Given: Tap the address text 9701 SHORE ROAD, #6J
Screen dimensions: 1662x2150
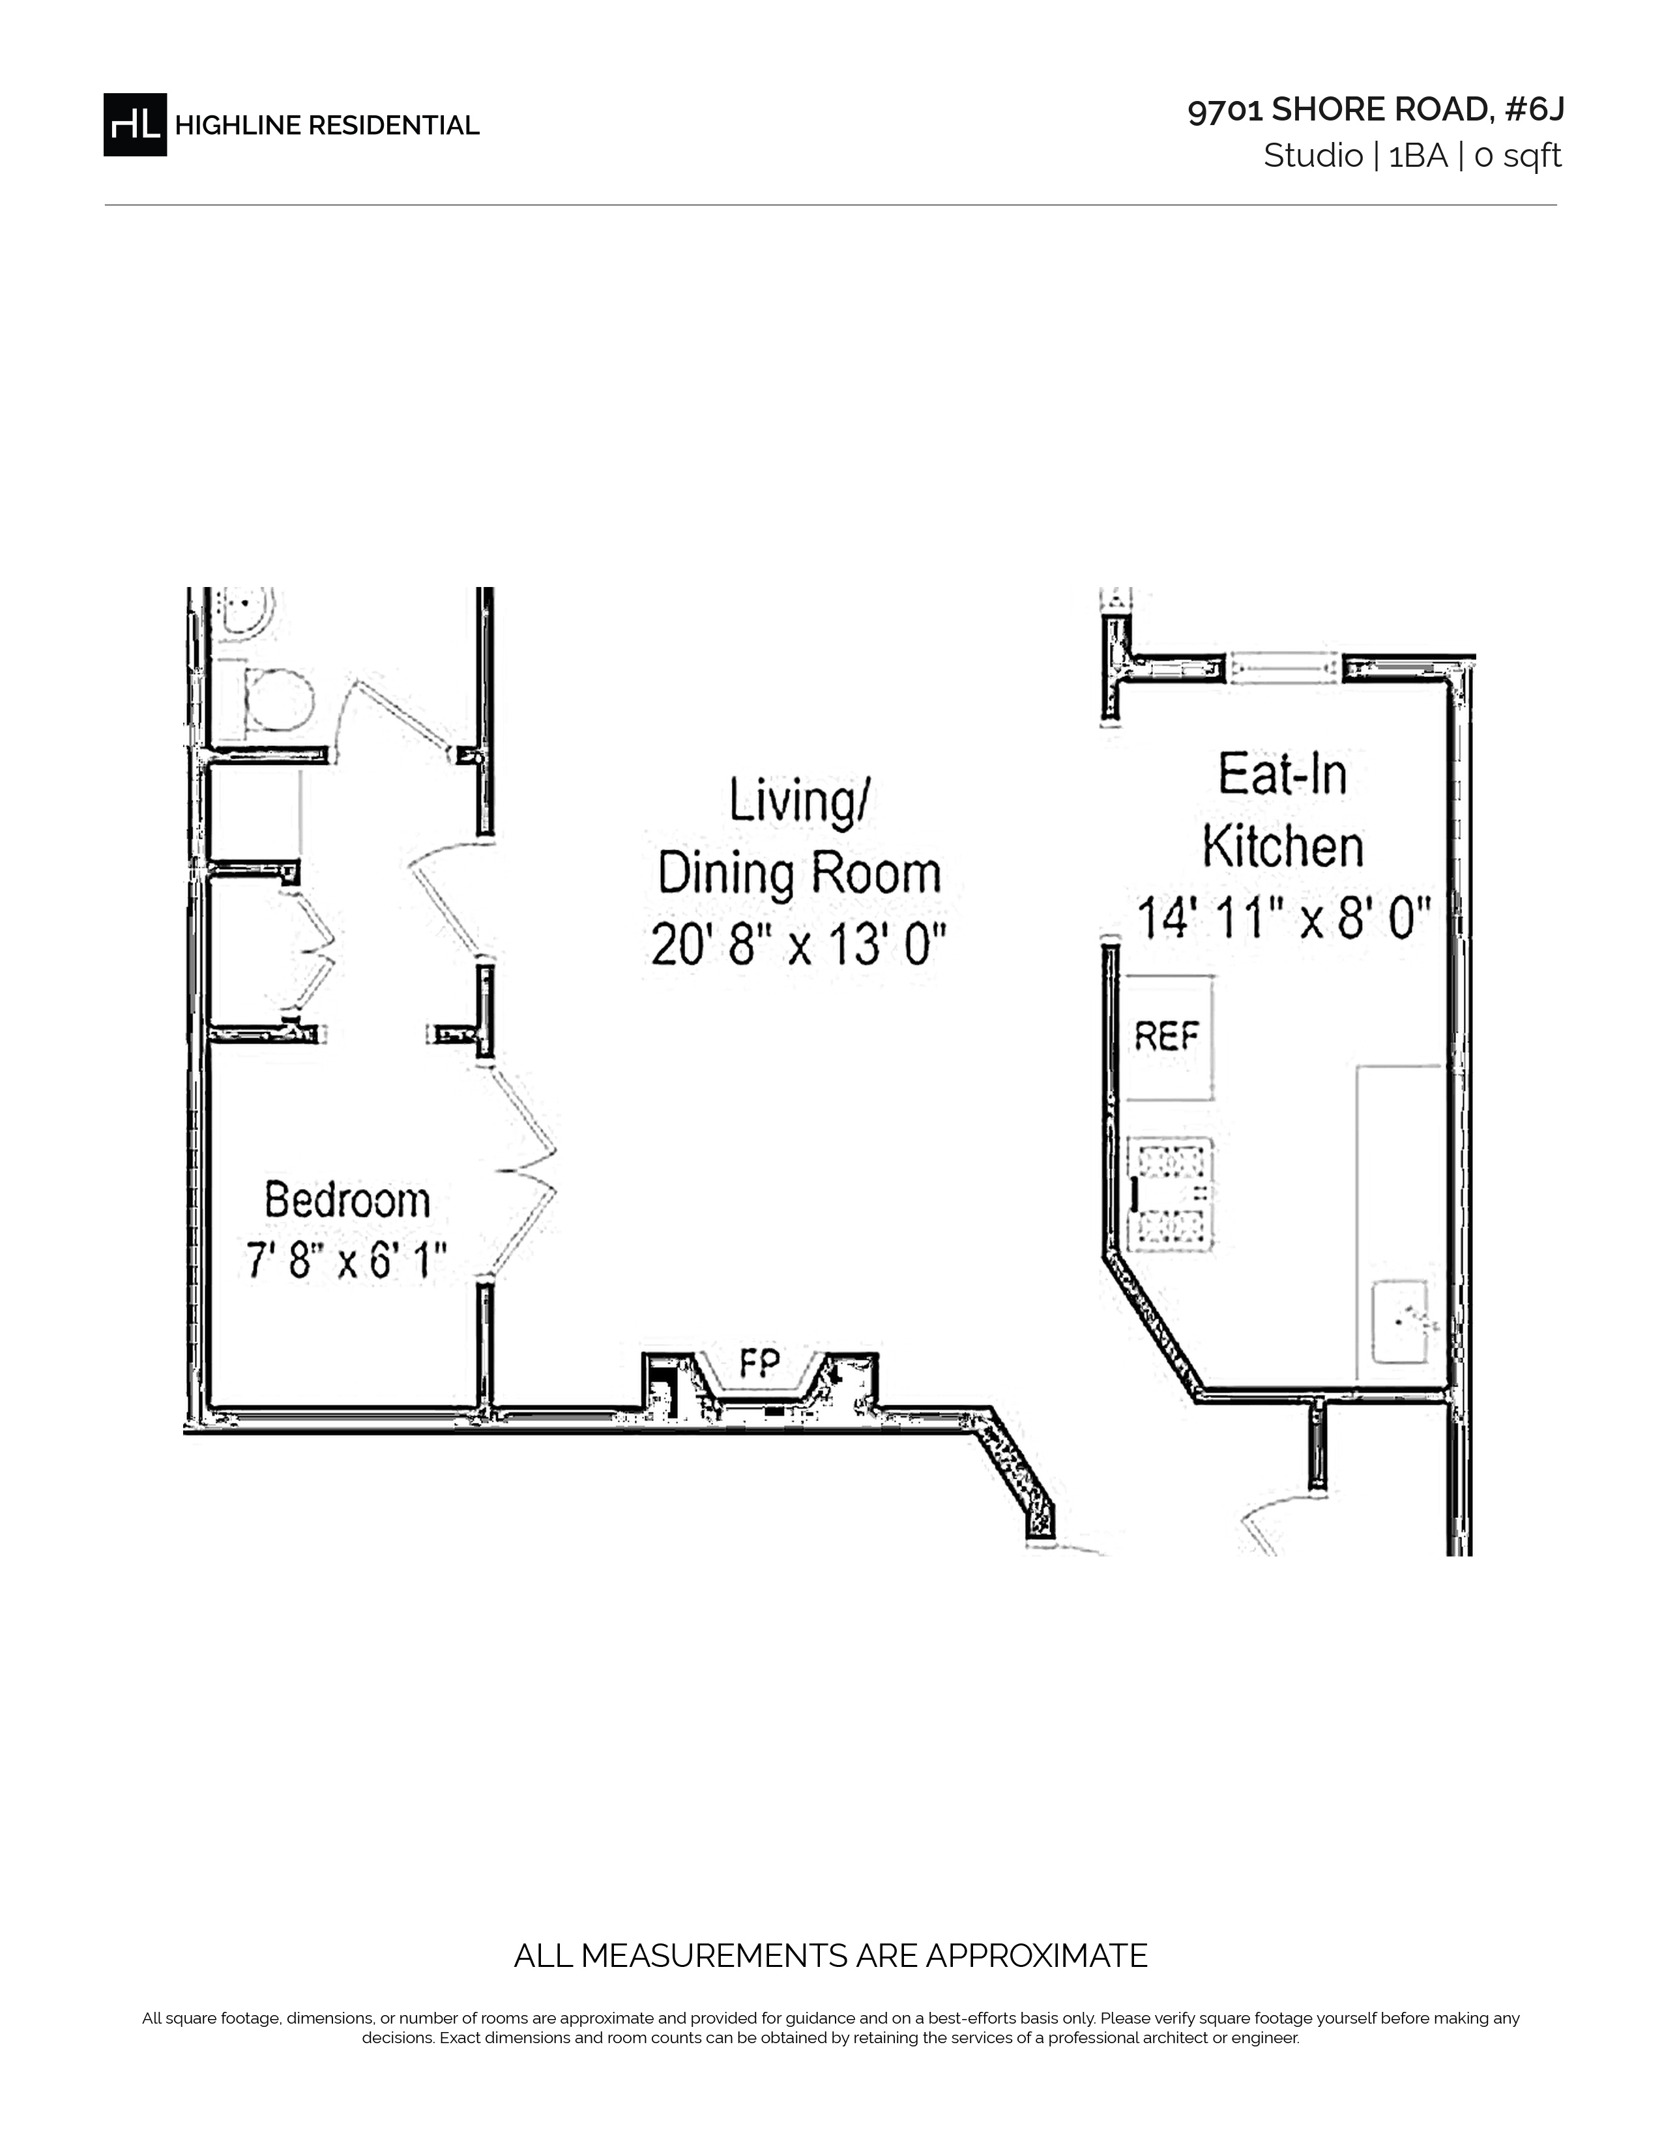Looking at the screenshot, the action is click(1375, 110).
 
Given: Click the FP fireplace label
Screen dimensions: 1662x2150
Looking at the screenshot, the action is click(759, 1362).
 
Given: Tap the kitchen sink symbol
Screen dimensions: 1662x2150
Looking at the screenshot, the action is click(1400, 1321).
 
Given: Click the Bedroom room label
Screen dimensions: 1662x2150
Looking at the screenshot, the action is click(347, 1201).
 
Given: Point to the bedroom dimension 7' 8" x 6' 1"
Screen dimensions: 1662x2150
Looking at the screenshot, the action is click(347, 1260).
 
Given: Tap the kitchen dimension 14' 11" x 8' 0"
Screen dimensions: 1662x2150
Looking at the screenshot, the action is click(1283, 919).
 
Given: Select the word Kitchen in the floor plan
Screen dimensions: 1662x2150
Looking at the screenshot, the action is click(1283, 846).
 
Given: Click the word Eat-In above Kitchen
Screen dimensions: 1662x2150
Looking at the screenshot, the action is click(1283, 774).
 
